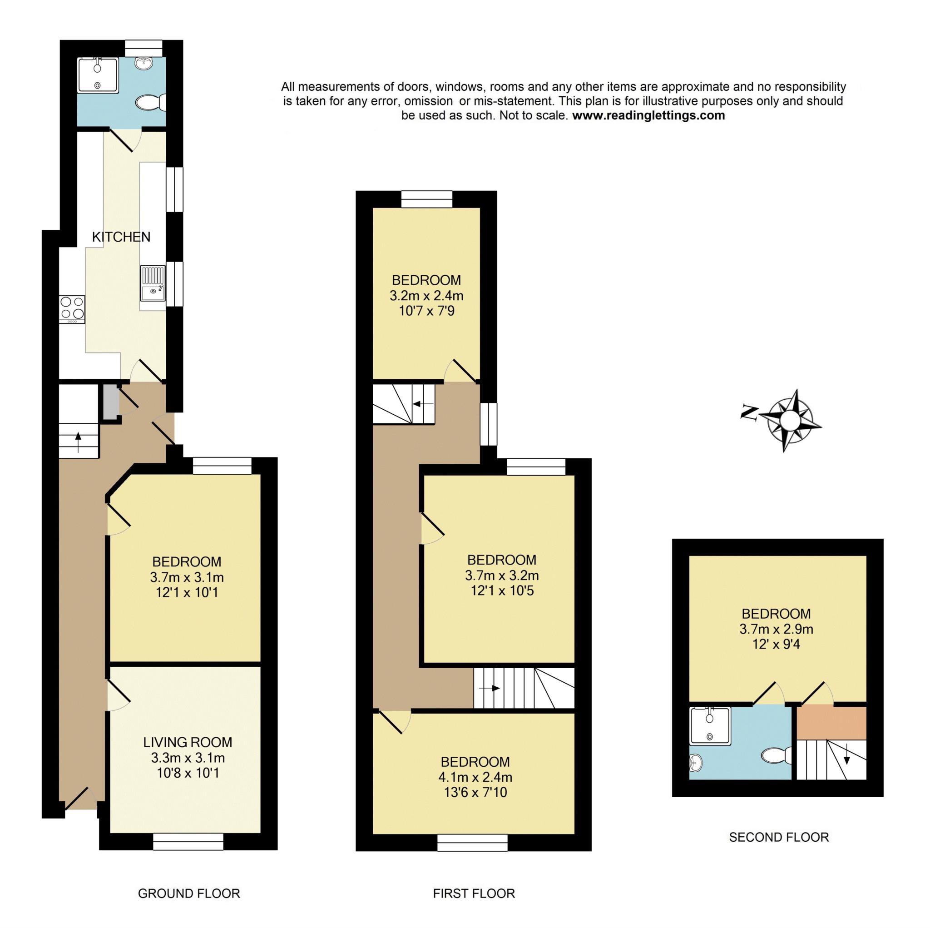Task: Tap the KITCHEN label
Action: [121, 237]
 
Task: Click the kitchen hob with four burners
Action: [72, 309]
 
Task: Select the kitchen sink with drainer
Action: [153, 283]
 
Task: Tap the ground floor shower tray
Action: [98, 75]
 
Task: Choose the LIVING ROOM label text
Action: [187, 742]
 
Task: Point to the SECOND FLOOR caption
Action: [779, 837]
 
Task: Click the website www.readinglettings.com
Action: [648, 115]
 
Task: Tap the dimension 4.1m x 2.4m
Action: [475, 777]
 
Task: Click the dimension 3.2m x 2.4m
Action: [426, 295]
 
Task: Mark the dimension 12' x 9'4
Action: [776, 644]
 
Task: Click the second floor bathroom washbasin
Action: [696, 762]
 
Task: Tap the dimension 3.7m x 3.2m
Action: [502, 575]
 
